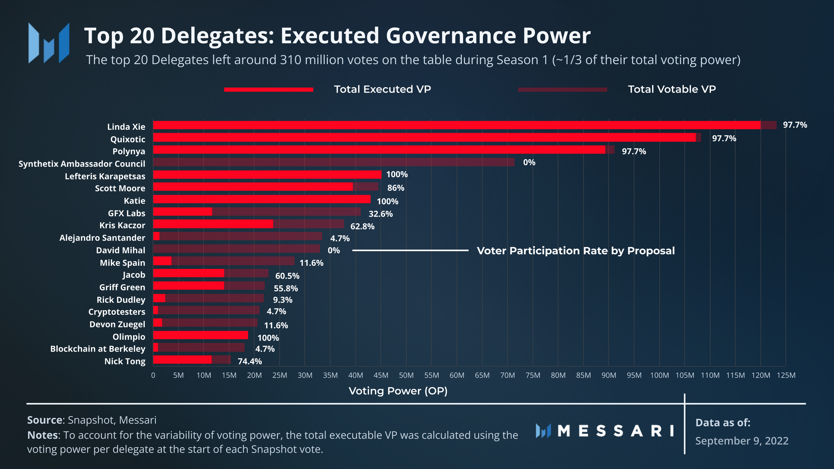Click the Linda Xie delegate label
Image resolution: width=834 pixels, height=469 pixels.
click(x=126, y=127)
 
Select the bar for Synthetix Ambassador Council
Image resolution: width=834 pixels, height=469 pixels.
click(x=333, y=162)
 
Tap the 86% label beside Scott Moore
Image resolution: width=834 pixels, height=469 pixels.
click(x=396, y=188)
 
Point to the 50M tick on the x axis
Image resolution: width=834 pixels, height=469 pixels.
click(x=406, y=375)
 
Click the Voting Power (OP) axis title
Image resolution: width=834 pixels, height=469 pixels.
click(x=398, y=391)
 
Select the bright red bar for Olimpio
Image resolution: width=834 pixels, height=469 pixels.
click(x=201, y=335)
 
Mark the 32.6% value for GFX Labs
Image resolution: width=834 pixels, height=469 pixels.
click(x=380, y=214)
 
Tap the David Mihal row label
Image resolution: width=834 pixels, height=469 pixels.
click(x=120, y=250)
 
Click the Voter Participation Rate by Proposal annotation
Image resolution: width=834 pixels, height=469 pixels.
click(x=575, y=251)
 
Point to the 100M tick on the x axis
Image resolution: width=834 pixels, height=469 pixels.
click(x=659, y=375)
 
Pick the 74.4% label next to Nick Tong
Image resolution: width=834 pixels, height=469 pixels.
click(x=250, y=361)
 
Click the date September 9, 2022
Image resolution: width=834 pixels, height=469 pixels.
click(x=742, y=441)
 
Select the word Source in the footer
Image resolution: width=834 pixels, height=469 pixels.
click(x=45, y=420)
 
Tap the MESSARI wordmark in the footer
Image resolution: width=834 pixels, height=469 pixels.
click(x=616, y=431)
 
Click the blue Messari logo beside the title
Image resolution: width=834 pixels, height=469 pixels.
click(x=49, y=43)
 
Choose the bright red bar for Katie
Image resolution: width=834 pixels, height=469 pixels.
click(x=262, y=199)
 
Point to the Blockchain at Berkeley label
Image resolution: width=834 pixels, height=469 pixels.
click(x=97, y=349)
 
